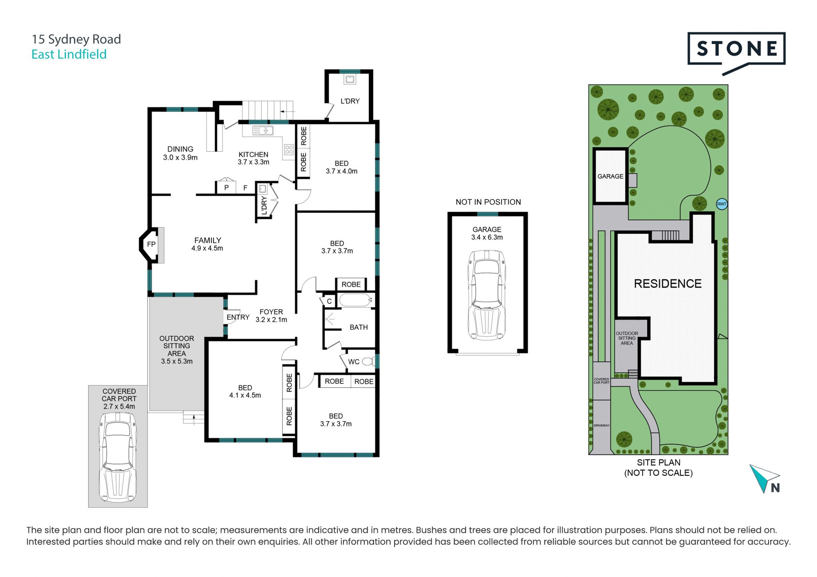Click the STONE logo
point(736,52)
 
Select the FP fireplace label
point(151,244)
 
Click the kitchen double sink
point(263,131)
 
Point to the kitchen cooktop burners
point(289,149)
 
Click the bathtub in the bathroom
point(355,300)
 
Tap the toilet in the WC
point(368,362)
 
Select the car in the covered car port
point(118,457)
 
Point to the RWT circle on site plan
point(722,204)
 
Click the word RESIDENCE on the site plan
point(668,284)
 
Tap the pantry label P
point(226,188)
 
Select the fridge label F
point(245,188)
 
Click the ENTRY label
point(238,317)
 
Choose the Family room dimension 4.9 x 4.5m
point(207,248)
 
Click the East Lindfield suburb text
point(69,54)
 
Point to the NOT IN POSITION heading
point(488,202)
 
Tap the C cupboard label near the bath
point(329,301)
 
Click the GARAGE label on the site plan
point(610,176)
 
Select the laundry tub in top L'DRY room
point(350,79)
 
